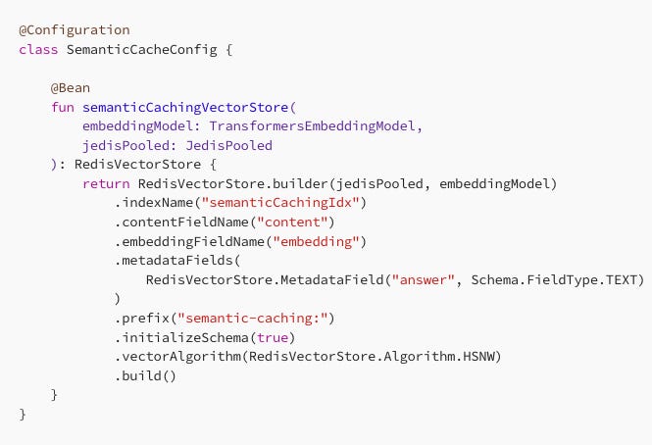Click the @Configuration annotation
pos(74,30)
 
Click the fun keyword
pos(63,107)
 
